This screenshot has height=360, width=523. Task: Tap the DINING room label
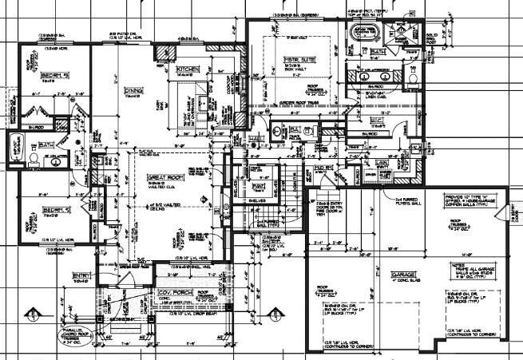[133, 92]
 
